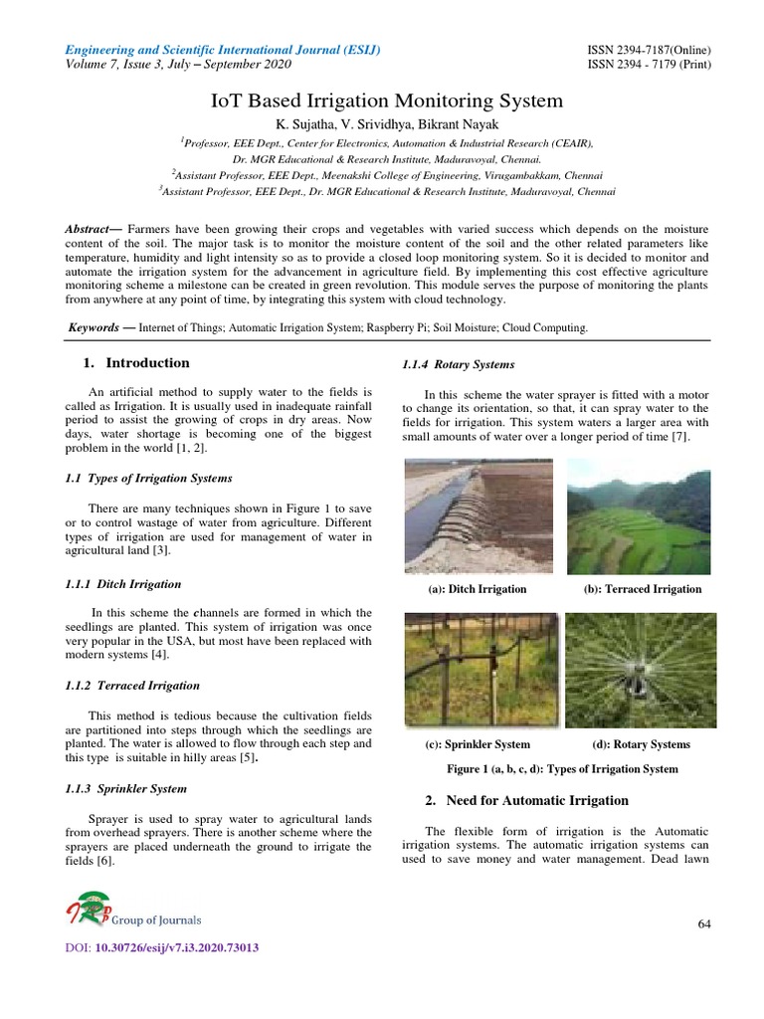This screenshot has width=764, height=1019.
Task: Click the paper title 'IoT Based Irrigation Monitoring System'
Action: (387, 101)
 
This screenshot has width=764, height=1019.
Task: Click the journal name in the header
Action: (222, 50)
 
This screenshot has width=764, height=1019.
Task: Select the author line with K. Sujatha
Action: (387, 124)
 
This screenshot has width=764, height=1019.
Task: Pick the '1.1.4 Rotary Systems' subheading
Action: (458, 365)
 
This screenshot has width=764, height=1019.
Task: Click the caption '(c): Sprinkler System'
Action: (477, 744)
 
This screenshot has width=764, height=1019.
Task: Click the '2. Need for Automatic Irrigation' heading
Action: (526, 800)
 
